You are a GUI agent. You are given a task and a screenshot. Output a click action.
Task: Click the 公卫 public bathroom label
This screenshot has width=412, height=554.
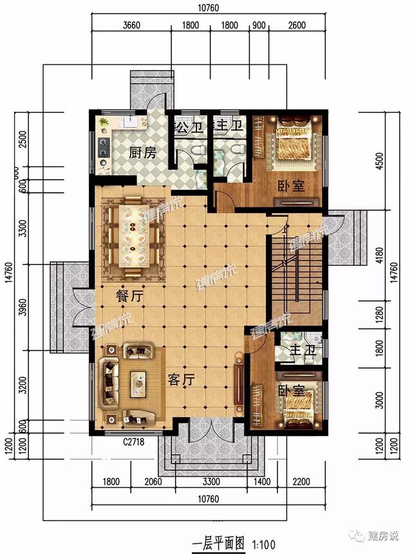click(x=191, y=124)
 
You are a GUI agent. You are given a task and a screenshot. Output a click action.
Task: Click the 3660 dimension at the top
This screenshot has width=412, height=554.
click(x=131, y=26)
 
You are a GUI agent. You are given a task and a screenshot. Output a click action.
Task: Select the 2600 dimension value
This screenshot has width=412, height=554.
click(x=297, y=26)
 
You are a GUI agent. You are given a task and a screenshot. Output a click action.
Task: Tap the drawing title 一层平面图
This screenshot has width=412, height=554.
click(x=219, y=542)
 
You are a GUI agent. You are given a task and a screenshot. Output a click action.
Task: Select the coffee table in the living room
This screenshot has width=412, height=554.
click(x=138, y=384)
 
